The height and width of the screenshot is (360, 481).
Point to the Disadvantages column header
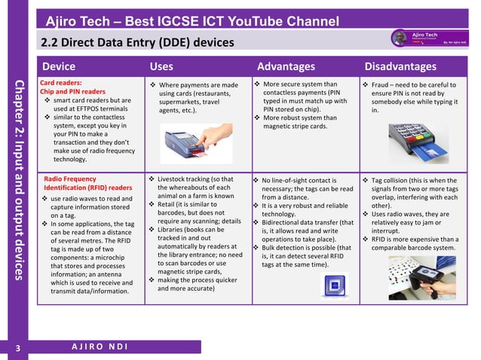point(400,68)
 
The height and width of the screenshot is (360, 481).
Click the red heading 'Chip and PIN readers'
point(72,92)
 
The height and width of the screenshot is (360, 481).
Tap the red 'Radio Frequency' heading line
point(70,179)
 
